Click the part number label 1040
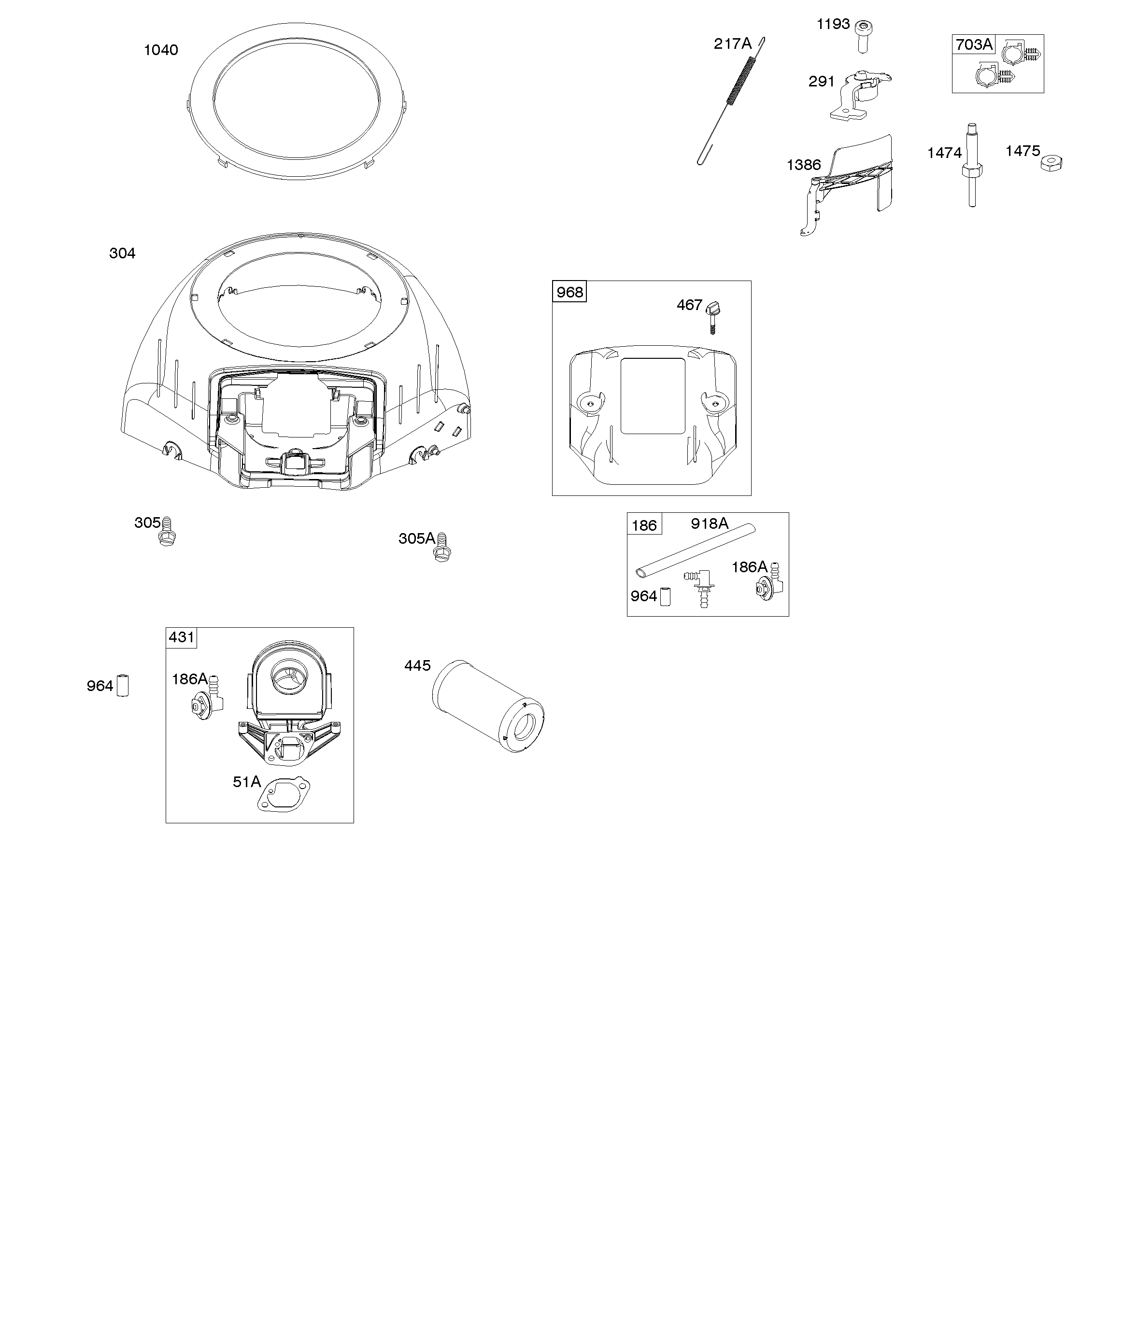click(x=161, y=50)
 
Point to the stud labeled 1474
click(x=972, y=165)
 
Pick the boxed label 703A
click(x=974, y=44)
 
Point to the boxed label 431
click(x=181, y=637)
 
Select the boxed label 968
click(x=569, y=292)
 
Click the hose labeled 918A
click(x=695, y=550)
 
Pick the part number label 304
click(x=123, y=254)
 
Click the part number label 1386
click(x=804, y=165)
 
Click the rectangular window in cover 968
click(x=653, y=395)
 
